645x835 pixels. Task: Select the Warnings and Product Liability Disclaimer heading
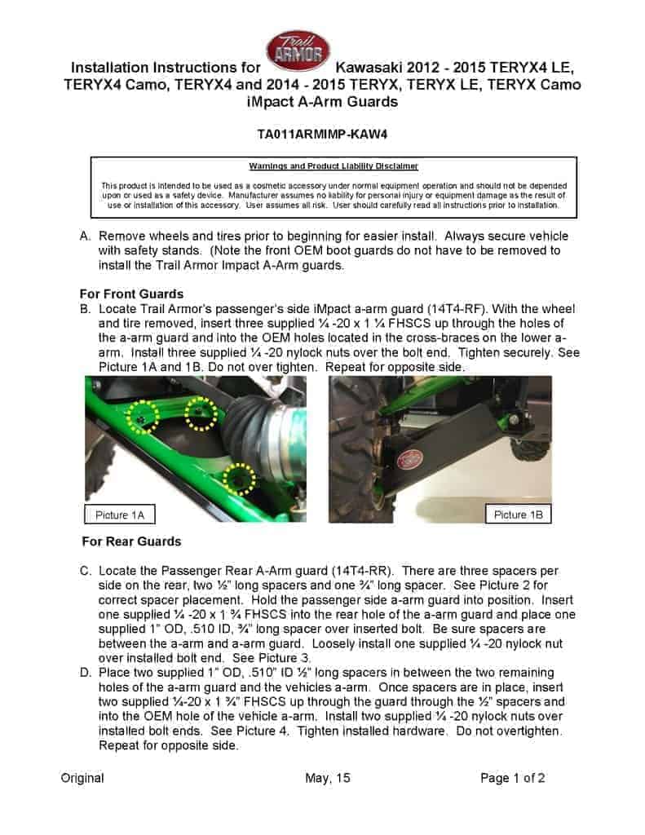[334, 166]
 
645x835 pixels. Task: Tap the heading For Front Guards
[130, 294]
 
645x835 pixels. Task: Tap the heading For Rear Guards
[132, 541]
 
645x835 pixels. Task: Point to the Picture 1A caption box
[120, 515]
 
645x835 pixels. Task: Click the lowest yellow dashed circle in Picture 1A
[238, 478]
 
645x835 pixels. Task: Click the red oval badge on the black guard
[409, 461]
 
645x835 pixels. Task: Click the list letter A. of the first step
[85, 236]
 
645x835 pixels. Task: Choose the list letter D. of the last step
[85, 673]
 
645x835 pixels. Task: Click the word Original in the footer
[82, 778]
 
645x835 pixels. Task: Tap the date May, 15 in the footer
[328, 778]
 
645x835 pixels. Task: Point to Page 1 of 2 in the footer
[513, 778]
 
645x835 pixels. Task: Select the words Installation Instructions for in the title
[166, 66]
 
